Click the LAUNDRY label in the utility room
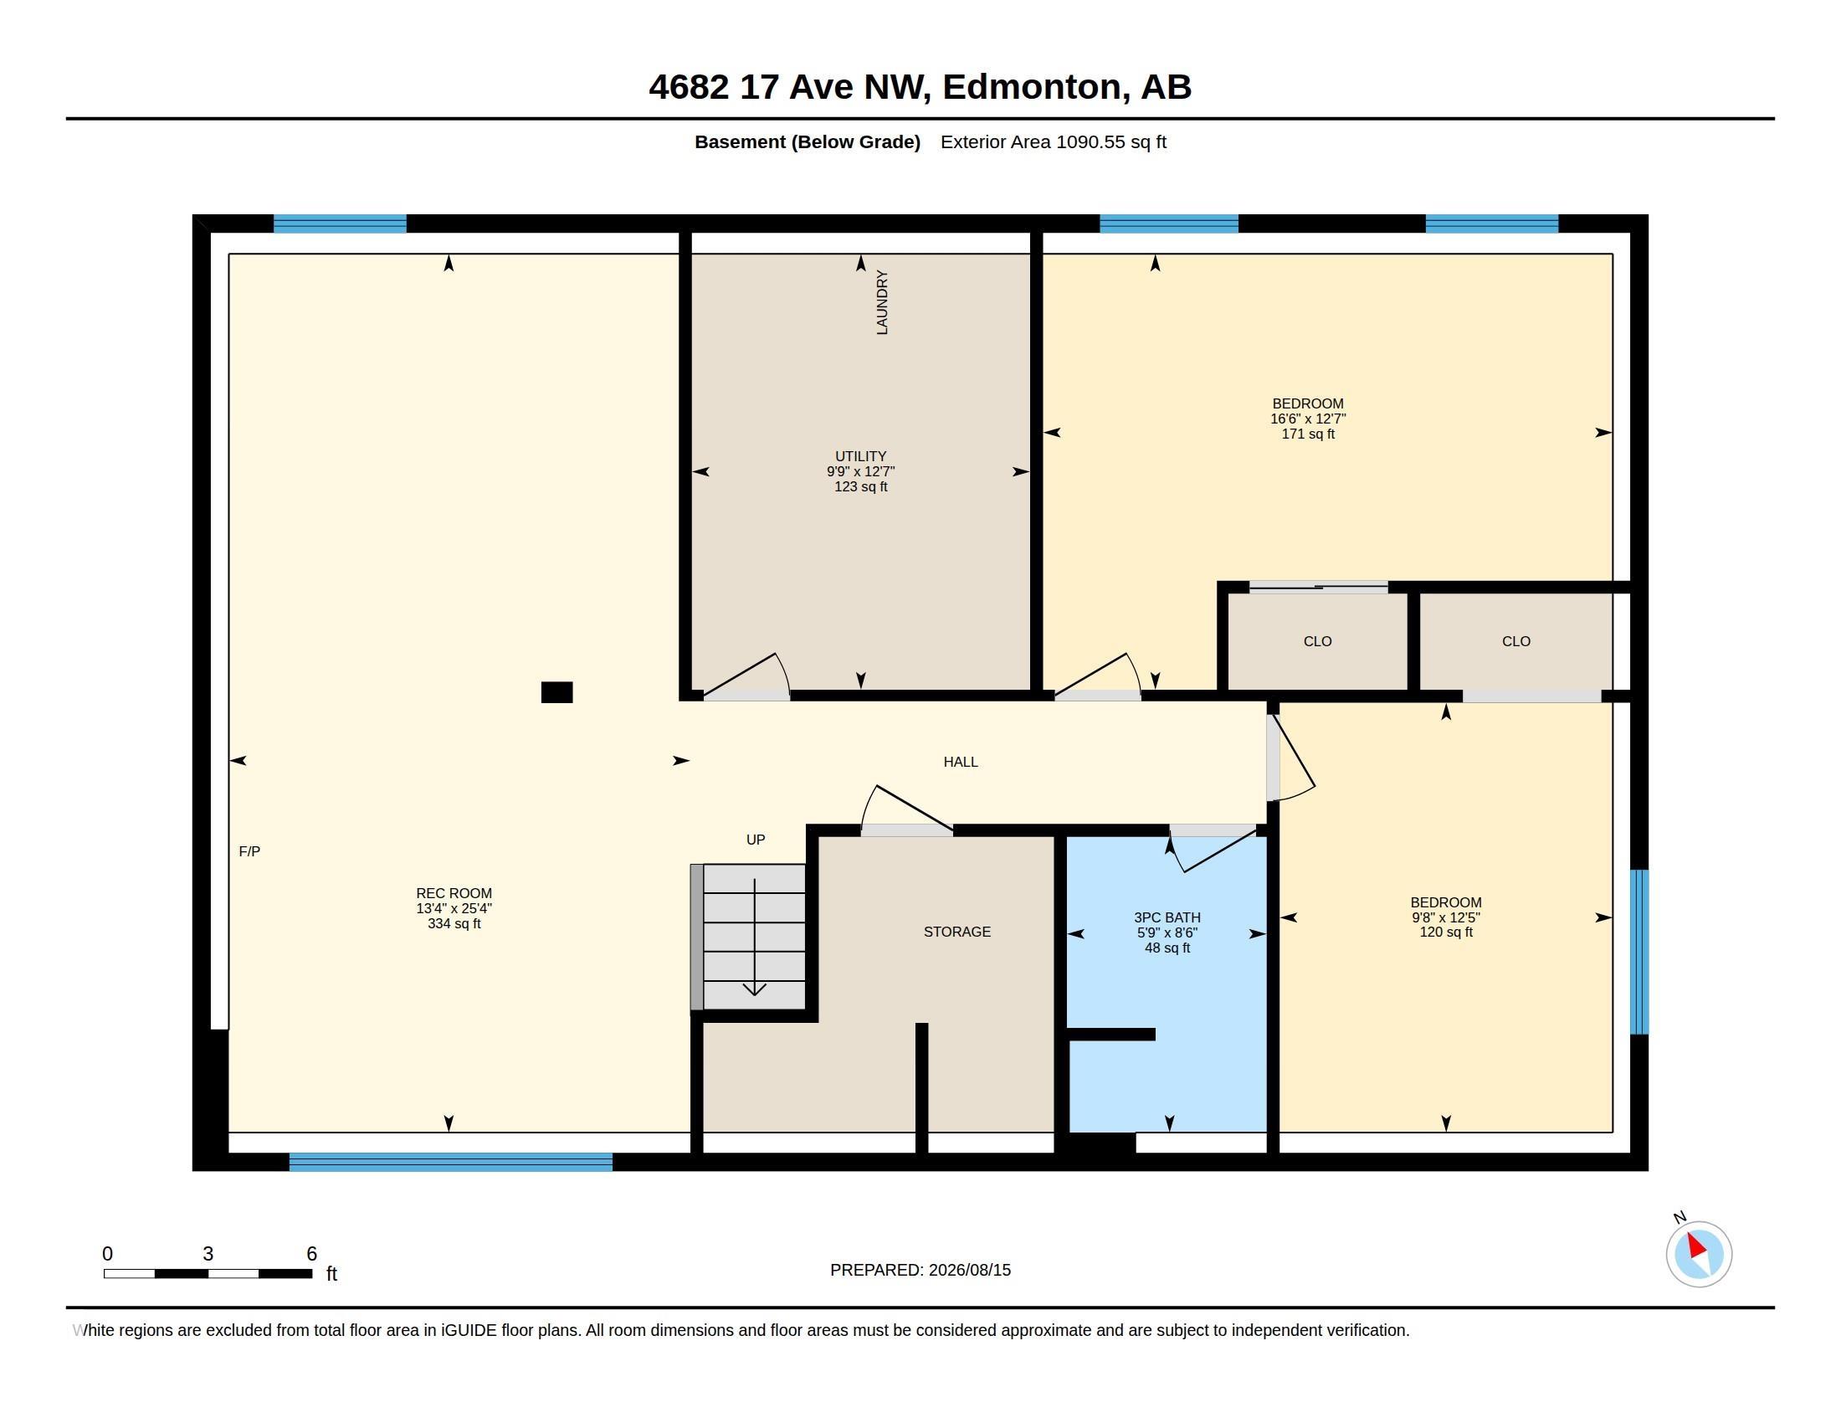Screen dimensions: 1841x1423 click(882, 303)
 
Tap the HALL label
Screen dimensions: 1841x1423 click(960, 762)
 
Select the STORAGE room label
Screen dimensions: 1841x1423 click(956, 932)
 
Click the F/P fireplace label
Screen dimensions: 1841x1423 click(249, 851)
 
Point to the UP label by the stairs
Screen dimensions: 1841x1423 click(756, 840)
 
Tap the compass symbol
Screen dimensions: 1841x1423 click(1699, 1254)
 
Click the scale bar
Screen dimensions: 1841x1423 click(208, 1273)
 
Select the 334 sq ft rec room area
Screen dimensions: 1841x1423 click(454, 924)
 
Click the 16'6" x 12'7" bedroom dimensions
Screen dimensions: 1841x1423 click(1307, 419)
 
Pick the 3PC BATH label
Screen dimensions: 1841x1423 click(1167, 917)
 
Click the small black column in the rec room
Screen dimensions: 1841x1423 click(556, 692)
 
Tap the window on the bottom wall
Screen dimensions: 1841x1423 click(451, 1162)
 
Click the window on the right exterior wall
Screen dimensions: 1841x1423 click(1638, 952)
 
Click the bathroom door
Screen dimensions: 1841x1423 click(1213, 849)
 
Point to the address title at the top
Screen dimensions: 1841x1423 click(920, 87)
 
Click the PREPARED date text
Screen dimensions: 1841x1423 click(920, 1270)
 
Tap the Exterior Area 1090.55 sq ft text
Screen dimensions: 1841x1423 click(1053, 141)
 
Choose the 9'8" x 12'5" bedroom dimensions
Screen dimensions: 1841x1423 click(1446, 917)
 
